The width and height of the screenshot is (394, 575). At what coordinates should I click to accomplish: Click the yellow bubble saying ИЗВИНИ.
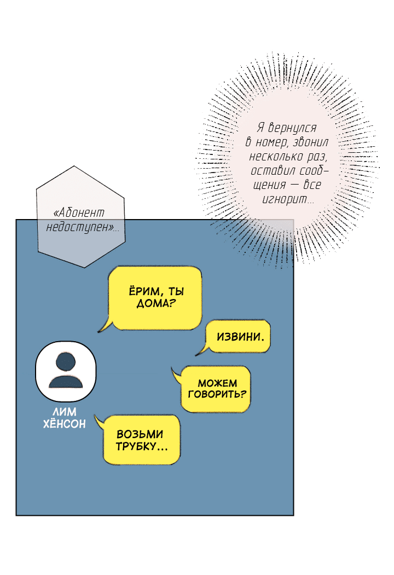239,336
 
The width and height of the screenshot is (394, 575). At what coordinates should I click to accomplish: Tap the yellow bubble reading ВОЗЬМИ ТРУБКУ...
142,440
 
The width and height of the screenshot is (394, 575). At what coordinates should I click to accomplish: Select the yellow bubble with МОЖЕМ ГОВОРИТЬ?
216,388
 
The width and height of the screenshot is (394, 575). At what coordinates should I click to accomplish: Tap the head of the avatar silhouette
66,361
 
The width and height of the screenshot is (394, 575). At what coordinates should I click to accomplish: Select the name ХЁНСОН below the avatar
64,423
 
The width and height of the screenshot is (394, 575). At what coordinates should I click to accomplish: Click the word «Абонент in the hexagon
80,213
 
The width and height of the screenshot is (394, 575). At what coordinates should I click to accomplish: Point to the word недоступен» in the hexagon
82,227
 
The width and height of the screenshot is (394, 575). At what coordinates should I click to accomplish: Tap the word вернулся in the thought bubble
294,128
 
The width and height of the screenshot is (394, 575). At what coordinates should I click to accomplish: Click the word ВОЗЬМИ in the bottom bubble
141,434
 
